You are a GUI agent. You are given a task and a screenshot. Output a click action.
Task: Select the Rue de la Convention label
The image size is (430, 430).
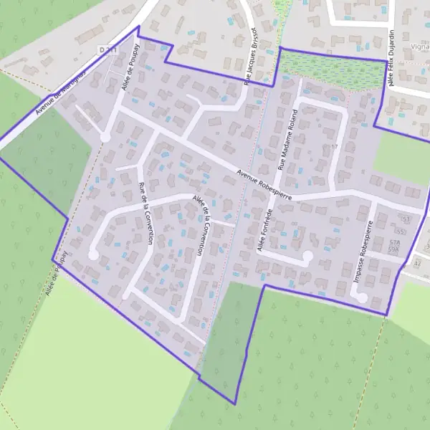144,214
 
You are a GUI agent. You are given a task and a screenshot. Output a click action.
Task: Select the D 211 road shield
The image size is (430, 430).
107,49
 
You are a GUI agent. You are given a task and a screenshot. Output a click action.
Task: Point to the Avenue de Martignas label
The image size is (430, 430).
60,93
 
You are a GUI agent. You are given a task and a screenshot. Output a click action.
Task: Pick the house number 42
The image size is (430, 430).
418,264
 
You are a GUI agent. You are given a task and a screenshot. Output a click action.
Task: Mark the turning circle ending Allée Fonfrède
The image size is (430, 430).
307,255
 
